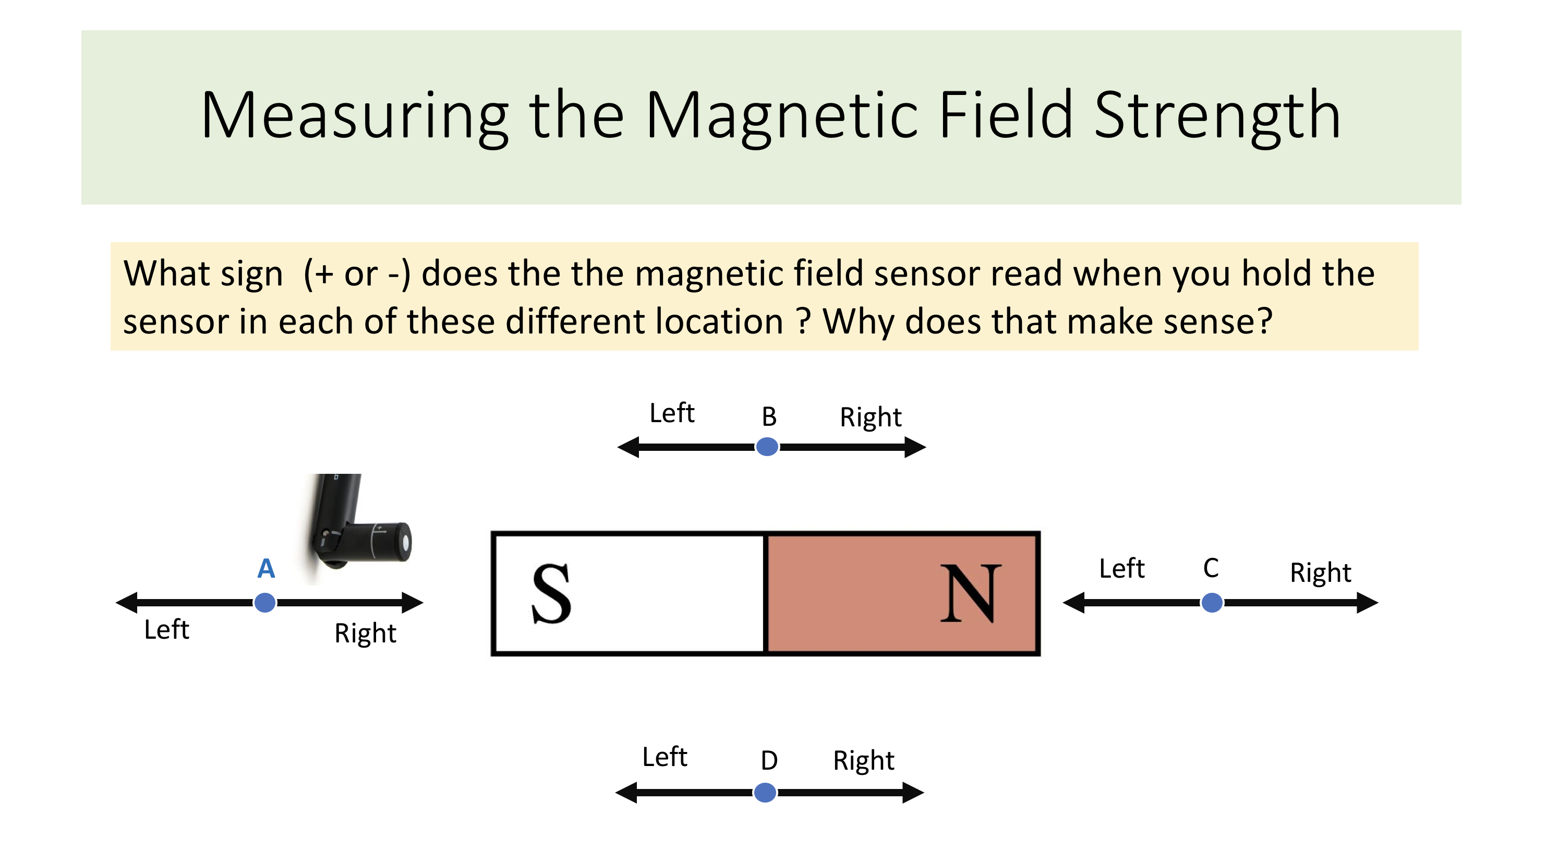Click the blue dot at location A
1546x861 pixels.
tap(264, 602)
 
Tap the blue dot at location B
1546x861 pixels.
tap(767, 447)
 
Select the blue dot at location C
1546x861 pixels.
tap(1212, 602)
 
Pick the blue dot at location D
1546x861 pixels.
tap(765, 793)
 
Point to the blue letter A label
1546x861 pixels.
tap(266, 568)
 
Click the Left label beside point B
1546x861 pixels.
tap(672, 413)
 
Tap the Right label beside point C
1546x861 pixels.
tap(1320, 572)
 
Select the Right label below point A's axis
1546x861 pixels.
tap(365, 633)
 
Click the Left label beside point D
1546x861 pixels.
tap(665, 757)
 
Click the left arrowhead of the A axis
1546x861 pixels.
tap(127, 602)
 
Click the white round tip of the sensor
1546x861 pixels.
tap(406, 542)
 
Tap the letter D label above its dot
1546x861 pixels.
tap(769, 761)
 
